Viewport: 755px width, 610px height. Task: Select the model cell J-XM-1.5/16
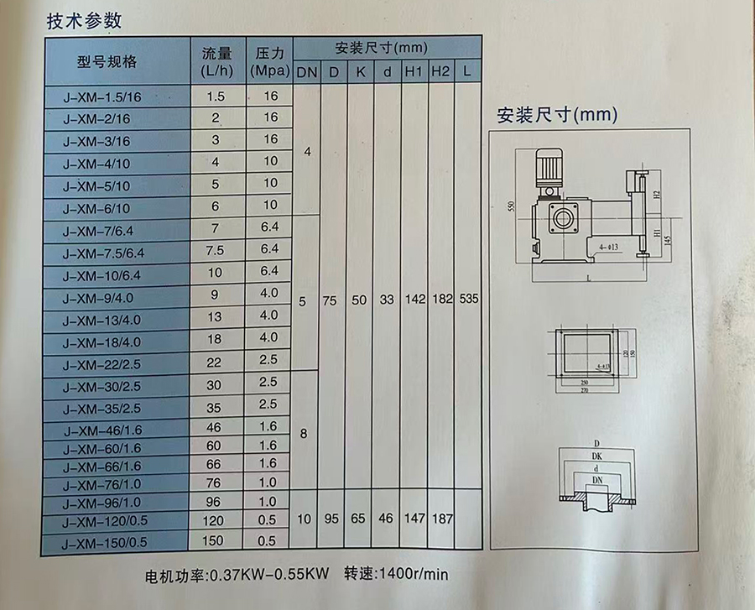pos(104,97)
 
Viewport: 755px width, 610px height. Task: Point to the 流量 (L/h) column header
pos(216,61)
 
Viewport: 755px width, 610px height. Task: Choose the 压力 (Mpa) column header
pos(270,61)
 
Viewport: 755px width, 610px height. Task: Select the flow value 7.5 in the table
pos(216,251)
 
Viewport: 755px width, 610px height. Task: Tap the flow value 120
pos(216,521)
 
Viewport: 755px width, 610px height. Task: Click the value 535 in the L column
pos(468,300)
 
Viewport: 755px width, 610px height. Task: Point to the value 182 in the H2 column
pos(441,300)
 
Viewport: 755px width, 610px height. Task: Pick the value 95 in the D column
pos(332,519)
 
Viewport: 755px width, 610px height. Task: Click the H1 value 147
pos(413,519)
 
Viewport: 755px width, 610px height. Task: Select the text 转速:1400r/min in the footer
pos(397,576)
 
